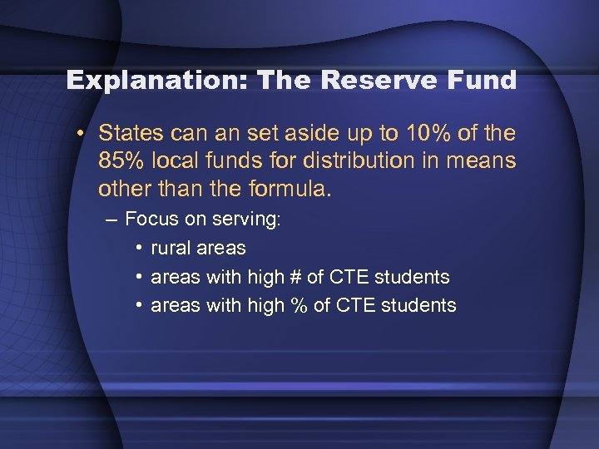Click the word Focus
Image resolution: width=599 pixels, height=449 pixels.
click(x=150, y=220)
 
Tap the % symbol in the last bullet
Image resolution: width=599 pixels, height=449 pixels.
click(x=297, y=305)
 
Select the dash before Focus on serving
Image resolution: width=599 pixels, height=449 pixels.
click(x=112, y=220)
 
